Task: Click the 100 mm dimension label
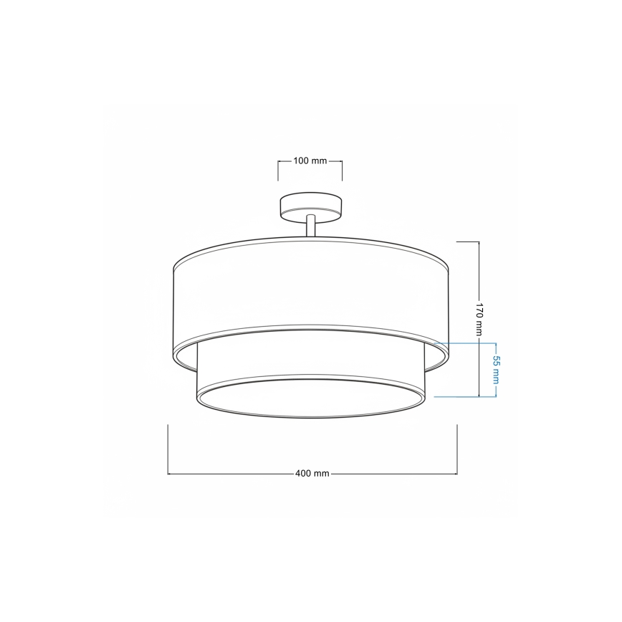pos(310,161)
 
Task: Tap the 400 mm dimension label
pos(312,474)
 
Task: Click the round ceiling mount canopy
pos(310,209)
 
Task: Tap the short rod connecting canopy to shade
pos(310,226)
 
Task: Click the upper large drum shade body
pos(310,294)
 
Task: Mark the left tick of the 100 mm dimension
pos(278,171)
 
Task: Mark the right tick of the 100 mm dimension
pos(342,171)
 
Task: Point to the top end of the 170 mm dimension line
pos(479,243)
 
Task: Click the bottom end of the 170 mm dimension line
pos(479,396)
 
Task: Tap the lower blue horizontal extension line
pos(466,396)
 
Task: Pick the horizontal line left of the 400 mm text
pos(229,474)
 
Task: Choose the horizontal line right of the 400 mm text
pos(394,474)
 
